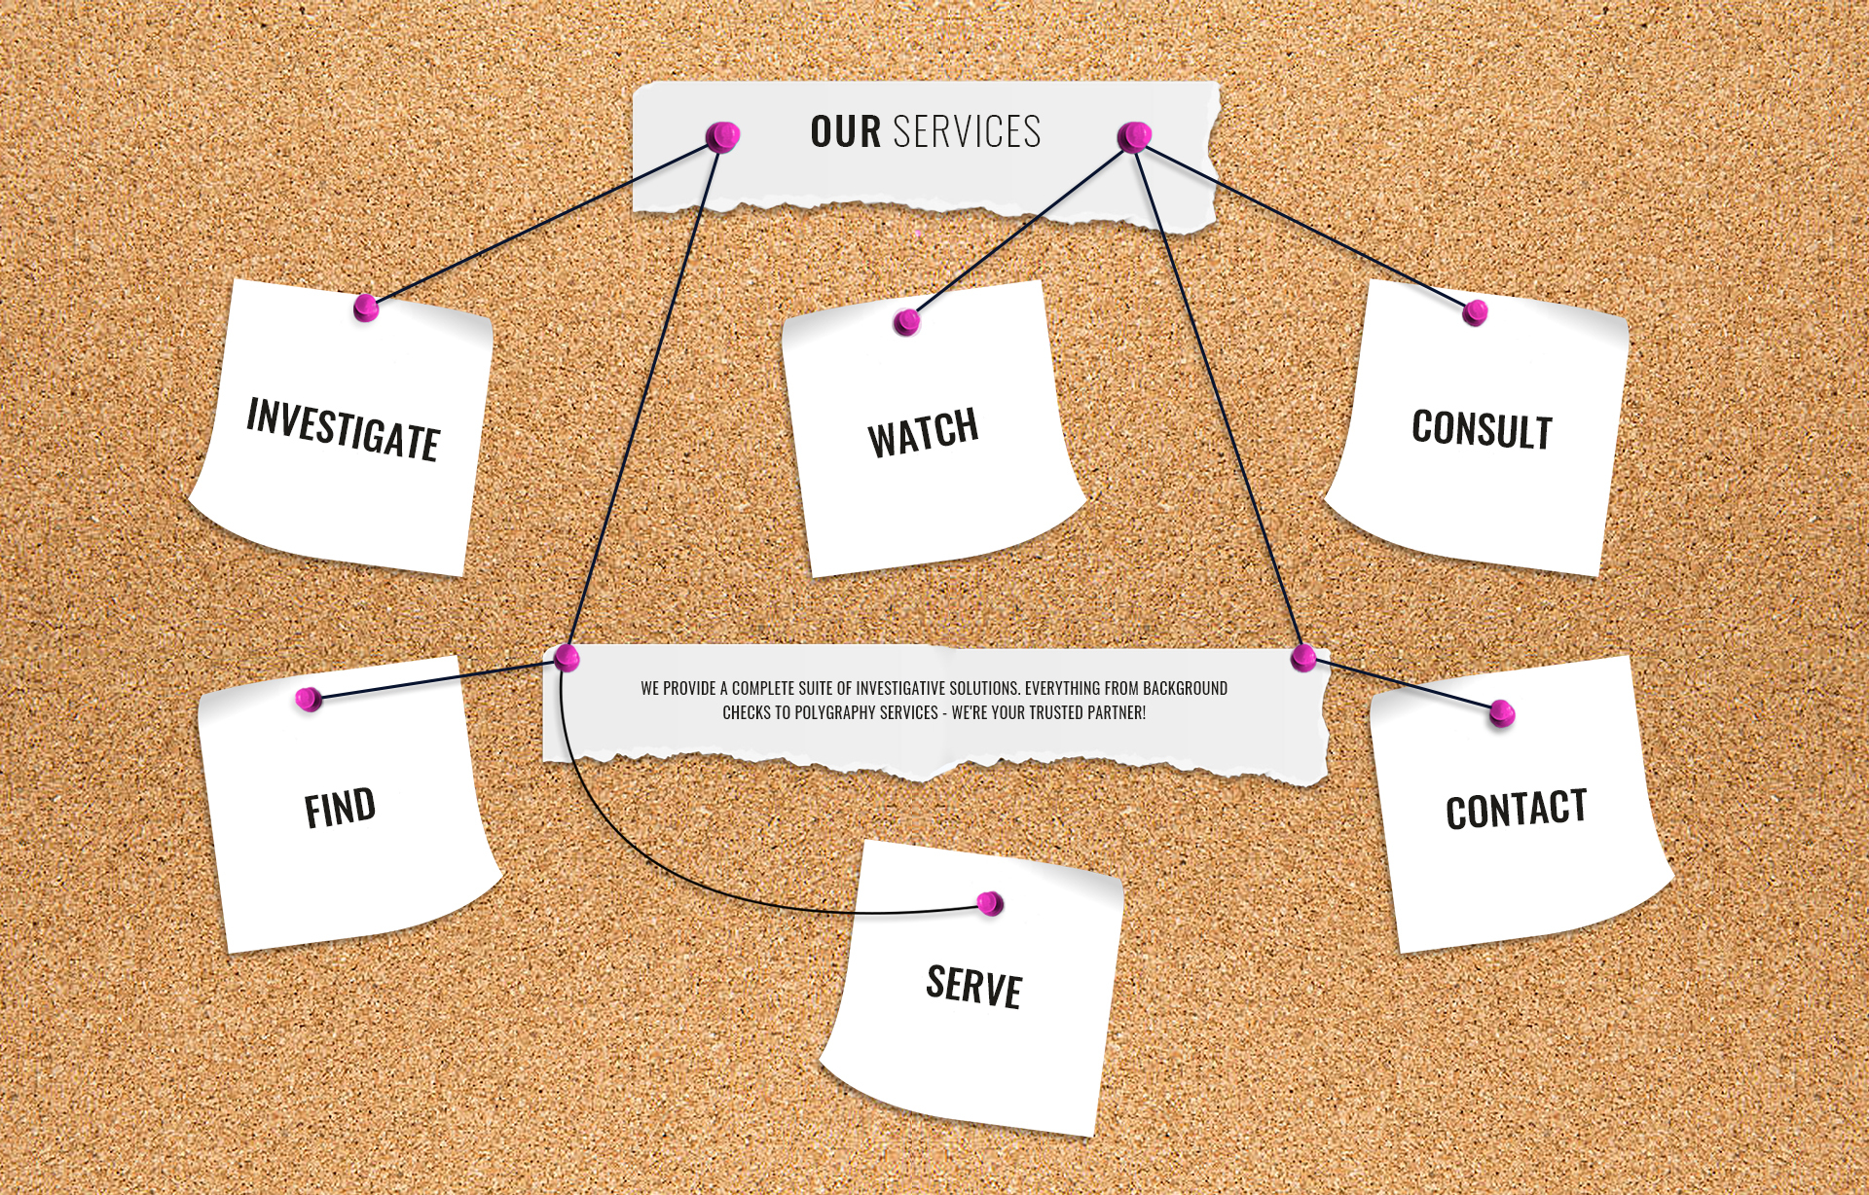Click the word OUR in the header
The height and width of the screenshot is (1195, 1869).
[845, 132]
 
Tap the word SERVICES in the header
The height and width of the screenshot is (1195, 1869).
[967, 132]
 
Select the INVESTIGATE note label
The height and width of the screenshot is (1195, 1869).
[343, 428]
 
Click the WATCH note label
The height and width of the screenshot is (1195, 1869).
[923, 432]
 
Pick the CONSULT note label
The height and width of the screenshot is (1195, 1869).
[1482, 429]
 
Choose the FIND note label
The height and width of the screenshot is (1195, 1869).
[340, 809]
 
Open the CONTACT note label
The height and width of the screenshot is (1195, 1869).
[1516, 809]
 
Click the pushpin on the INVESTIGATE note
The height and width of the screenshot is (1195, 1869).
[366, 308]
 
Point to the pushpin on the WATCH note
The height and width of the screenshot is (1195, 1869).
[906, 322]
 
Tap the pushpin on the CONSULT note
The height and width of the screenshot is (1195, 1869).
[1476, 312]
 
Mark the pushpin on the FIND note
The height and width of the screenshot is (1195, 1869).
[309, 699]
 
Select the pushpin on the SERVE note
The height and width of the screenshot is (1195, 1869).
[990, 904]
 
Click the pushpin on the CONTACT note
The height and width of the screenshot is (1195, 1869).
[1502, 713]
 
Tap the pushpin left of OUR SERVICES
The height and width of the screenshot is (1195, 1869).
[722, 136]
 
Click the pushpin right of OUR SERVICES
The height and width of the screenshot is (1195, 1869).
[1134, 137]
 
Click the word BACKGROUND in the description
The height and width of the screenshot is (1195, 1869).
[1185, 689]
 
